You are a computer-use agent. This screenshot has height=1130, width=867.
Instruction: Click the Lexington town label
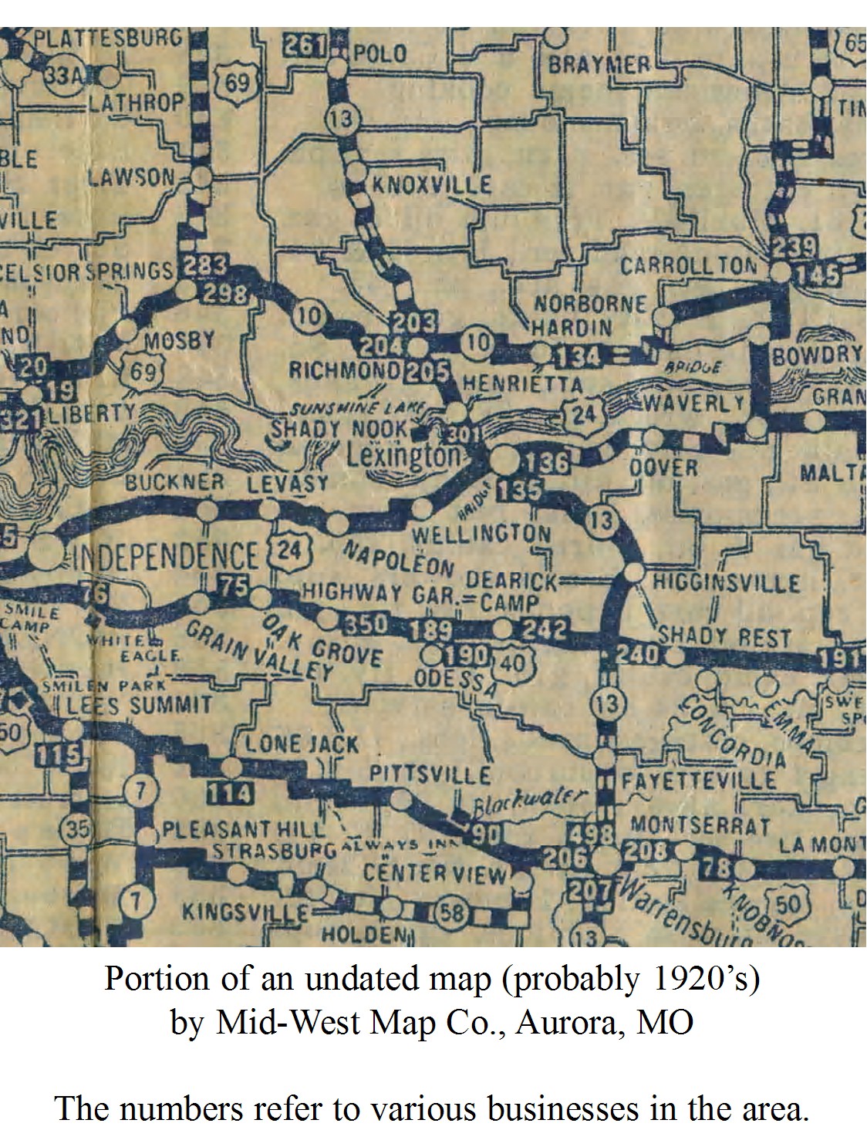click(403, 455)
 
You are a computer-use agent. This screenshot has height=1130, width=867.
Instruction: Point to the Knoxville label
click(431, 184)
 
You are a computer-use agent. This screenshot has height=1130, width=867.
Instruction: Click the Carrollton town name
click(689, 266)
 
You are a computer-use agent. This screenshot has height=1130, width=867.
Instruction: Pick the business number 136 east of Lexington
click(547, 463)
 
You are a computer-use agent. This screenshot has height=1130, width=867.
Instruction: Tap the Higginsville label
click(727, 582)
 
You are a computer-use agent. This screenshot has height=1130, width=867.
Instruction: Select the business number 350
click(365, 622)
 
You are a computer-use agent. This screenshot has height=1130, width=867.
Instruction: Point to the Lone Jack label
click(302, 744)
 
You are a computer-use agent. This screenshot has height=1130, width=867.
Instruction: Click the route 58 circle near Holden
click(451, 913)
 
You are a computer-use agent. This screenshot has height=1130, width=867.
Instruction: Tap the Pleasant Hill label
click(244, 830)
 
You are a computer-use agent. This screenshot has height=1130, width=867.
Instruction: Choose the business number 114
click(230, 793)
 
